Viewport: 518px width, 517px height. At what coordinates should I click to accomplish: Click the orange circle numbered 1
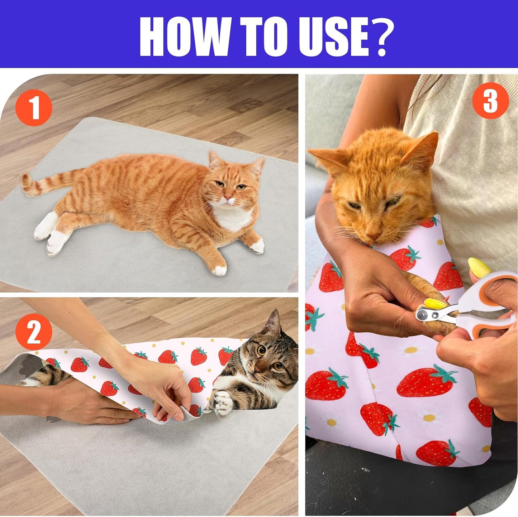pyautogui.click(x=34, y=107)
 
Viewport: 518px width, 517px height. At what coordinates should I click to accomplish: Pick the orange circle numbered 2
pyautogui.click(x=34, y=332)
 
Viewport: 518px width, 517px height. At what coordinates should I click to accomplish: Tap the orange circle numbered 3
pyautogui.click(x=490, y=101)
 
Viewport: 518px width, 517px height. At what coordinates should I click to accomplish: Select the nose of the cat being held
pyautogui.click(x=373, y=236)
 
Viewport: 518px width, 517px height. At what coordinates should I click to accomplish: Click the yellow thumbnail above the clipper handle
pyautogui.click(x=479, y=267)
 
